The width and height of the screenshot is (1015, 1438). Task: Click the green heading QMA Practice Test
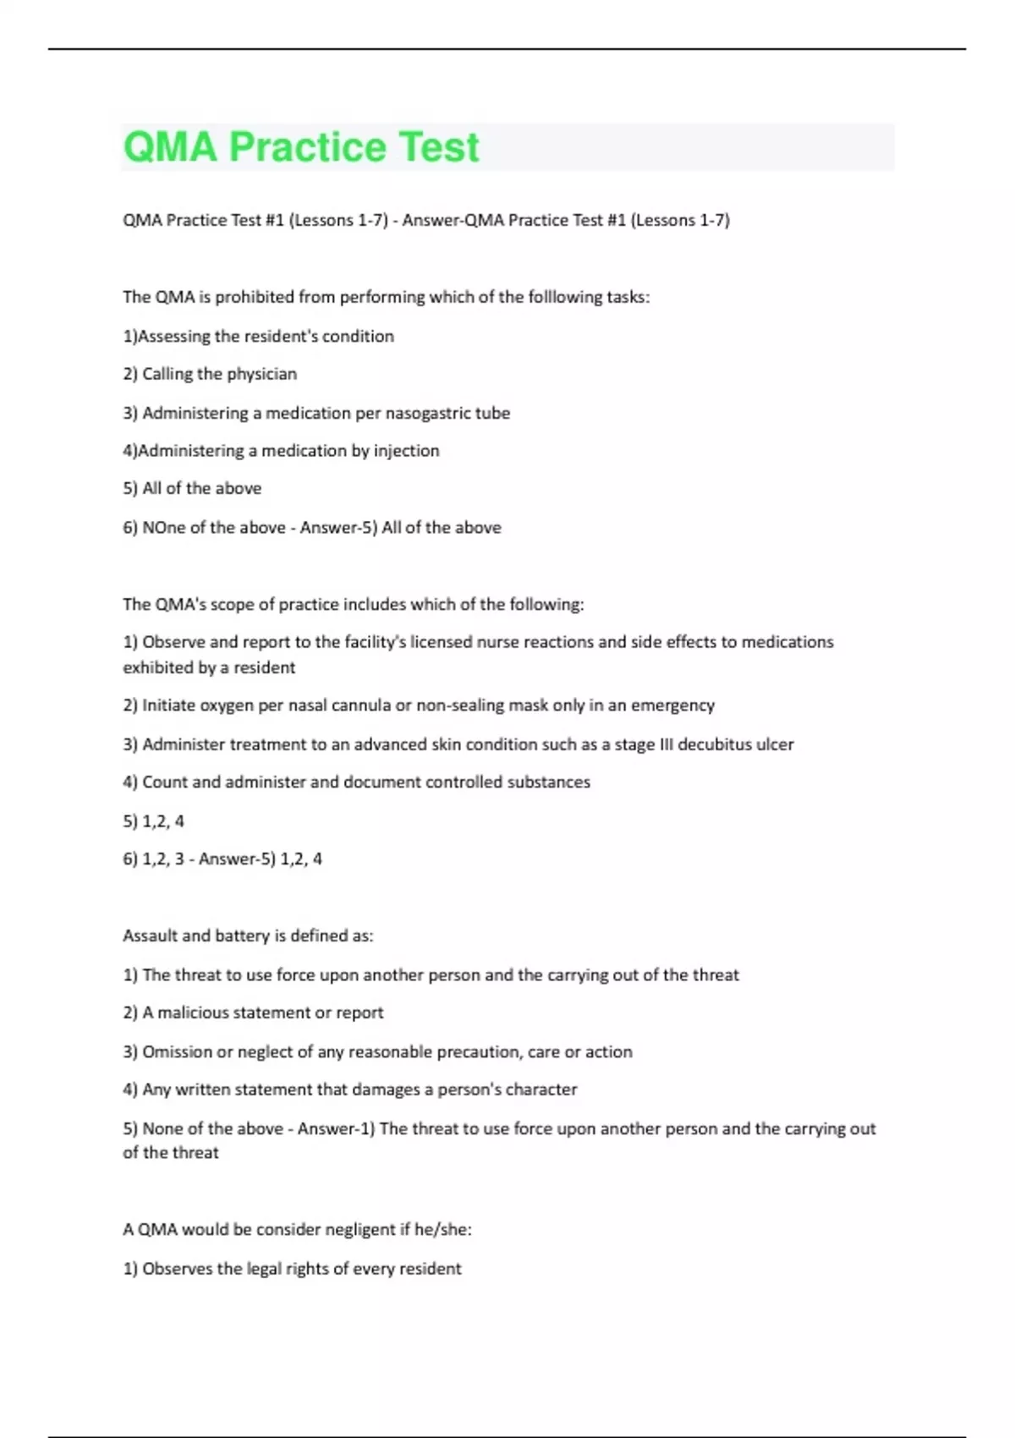pos(301,147)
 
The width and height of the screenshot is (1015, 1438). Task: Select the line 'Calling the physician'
pos(219,374)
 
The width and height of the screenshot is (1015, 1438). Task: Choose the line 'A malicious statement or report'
pos(262,1013)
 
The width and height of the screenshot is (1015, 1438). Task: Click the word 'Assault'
pos(150,936)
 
